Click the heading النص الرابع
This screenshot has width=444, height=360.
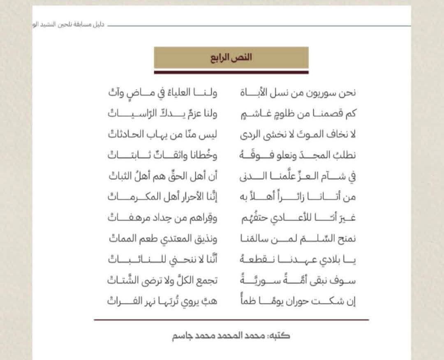point(231,57)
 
